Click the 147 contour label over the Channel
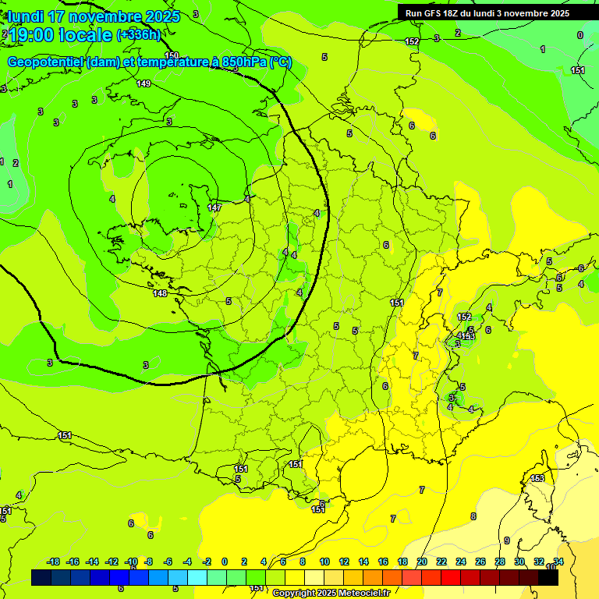pyautogui.click(x=214, y=207)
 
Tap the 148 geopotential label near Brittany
pyautogui.click(x=160, y=293)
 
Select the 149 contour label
pyautogui.click(x=144, y=83)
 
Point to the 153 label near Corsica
pyautogui.click(x=537, y=478)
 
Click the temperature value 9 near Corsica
pyautogui.click(x=506, y=541)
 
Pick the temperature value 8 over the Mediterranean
pyautogui.click(x=473, y=516)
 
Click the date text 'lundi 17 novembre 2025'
pyautogui.click(x=94, y=16)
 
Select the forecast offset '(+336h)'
pyautogui.click(x=139, y=35)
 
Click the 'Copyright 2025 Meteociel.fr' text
pyautogui.click(x=331, y=593)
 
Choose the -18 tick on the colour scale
pyautogui.click(x=54, y=562)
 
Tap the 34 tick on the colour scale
pyautogui.click(x=558, y=562)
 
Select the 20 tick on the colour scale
pyautogui.click(x=422, y=562)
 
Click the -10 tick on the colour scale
pyautogui.click(x=131, y=562)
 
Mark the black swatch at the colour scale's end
pyautogui.click(x=548, y=577)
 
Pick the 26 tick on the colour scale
pyautogui.click(x=480, y=562)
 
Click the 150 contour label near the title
pyautogui.click(x=172, y=55)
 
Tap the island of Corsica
pyautogui.click(x=538, y=499)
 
